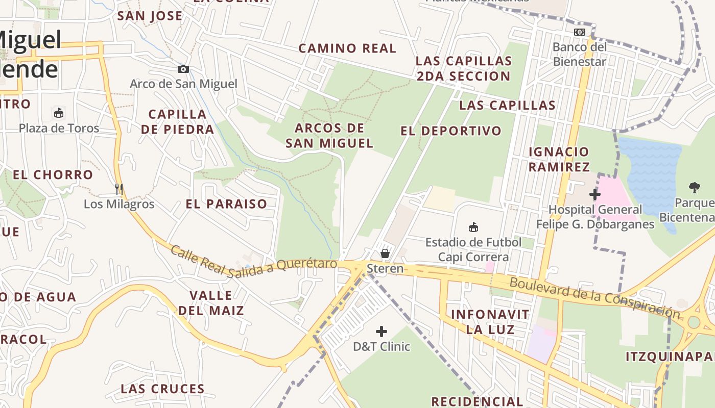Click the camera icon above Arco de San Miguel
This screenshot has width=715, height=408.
(x=183, y=69)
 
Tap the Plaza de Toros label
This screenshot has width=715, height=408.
(x=59, y=128)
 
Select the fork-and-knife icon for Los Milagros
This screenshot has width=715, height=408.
(x=119, y=189)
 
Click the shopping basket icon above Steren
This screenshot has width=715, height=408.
(x=385, y=253)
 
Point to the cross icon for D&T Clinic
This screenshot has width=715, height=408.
(x=382, y=331)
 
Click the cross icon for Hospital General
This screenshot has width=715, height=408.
(x=594, y=194)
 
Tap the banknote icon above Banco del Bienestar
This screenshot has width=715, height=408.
(x=579, y=32)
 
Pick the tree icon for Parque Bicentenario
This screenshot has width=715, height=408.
(x=694, y=188)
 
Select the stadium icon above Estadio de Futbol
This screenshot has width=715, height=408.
(x=473, y=227)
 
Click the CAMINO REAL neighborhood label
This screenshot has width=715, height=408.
(x=347, y=48)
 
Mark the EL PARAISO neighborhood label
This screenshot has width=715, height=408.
(x=226, y=204)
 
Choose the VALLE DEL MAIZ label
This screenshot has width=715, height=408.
(x=211, y=302)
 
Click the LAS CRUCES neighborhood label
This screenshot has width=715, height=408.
(x=162, y=389)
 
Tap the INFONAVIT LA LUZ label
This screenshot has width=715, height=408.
(x=490, y=321)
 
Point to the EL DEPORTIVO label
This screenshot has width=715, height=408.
(x=451, y=131)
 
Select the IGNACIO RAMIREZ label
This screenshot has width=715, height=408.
(x=559, y=159)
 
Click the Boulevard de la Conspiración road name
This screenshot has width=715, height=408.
(x=594, y=298)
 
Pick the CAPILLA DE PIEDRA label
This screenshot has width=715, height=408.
(x=177, y=121)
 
